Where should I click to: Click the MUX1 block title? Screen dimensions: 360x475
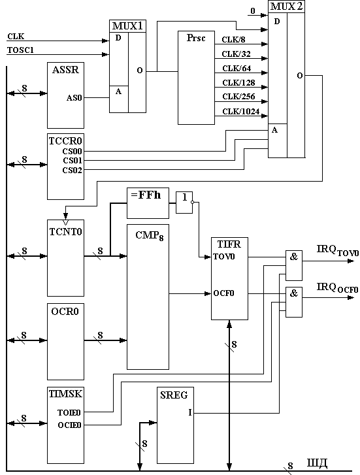pos(127,25)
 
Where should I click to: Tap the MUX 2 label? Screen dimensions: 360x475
pos(286,7)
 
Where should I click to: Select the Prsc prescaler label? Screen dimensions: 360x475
pos(196,38)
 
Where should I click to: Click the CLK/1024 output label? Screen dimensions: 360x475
pos(241,112)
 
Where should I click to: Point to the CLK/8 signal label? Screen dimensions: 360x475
pos(234,40)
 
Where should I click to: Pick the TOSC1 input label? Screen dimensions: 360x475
pos(21,50)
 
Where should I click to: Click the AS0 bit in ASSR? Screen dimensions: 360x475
pos(74,98)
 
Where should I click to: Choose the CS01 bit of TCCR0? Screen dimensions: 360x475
pos(73,160)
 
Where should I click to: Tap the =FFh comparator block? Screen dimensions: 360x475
pos(148,203)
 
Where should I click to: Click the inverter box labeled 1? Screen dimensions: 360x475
pos(184,203)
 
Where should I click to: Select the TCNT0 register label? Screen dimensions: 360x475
pos(66,232)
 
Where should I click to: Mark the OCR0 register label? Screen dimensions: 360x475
pos(65,312)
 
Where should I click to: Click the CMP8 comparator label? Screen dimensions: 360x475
pos(150,236)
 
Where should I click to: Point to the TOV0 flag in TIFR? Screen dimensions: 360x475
pos(224,257)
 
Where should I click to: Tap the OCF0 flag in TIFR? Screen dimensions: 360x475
pos(223,293)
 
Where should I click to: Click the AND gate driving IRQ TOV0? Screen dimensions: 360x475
pos(294,265)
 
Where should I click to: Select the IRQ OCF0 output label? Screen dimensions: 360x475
pos(338,287)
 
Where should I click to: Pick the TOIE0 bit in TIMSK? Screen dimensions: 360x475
pos(69,412)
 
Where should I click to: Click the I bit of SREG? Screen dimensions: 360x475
pos(190,412)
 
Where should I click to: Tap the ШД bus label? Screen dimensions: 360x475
pos(318,463)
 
